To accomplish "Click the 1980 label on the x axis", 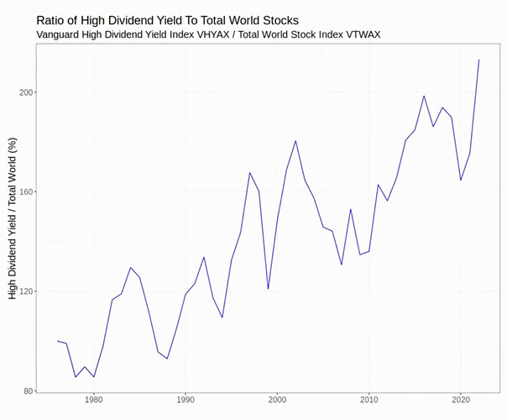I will click(93, 401).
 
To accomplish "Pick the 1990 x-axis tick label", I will click(186, 401).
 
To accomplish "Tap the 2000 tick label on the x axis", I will click(277, 401).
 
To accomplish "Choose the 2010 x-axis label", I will click(368, 401).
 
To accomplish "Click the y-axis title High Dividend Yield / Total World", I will click(13, 219).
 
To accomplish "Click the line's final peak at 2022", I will click(478, 60).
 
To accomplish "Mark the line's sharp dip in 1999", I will click(268, 289).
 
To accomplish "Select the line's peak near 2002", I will click(295, 141).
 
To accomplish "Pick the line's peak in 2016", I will click(424, 96).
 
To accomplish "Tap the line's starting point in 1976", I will click(57, 341).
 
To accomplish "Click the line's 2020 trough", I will click(461, 180).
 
